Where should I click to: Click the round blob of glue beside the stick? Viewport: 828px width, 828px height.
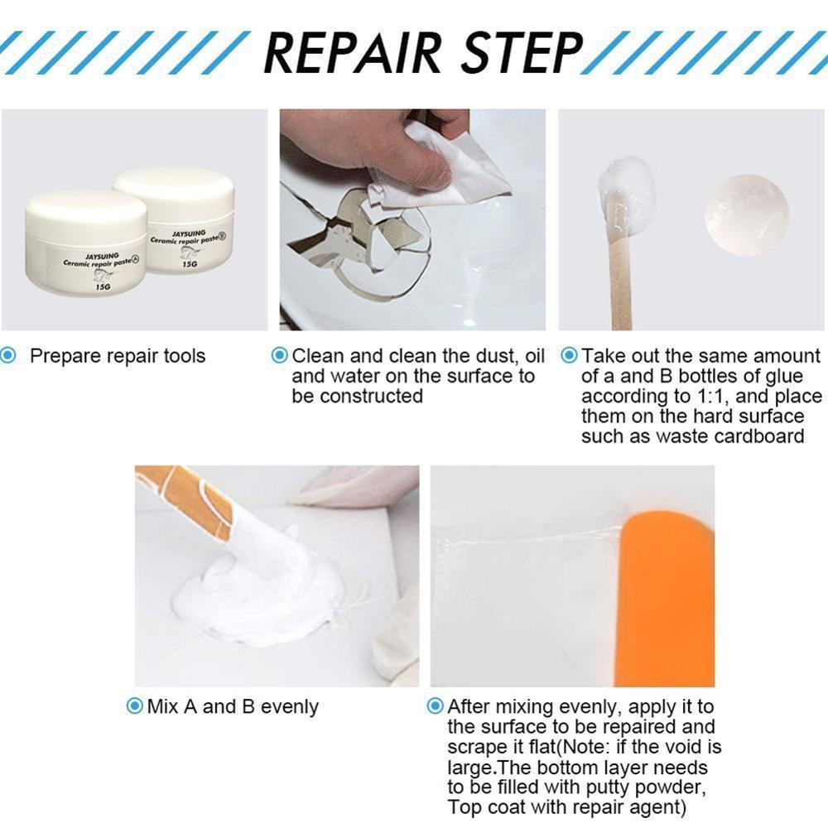pos(746,214)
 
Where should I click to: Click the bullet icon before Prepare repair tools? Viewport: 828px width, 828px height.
pos(8,356)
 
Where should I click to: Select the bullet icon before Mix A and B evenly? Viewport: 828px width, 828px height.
pos(134,706)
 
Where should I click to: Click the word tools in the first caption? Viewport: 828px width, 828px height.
pos(184,356)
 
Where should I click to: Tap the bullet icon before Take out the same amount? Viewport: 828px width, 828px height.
pos(570,356)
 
